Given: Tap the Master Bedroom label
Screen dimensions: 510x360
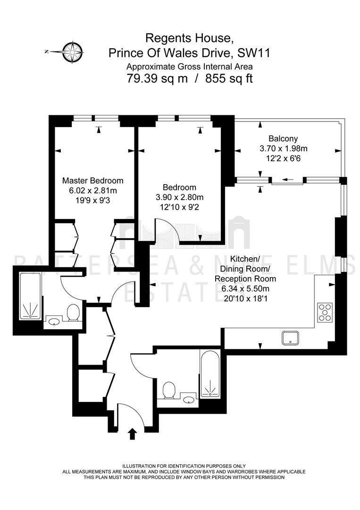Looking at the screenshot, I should [x=93, y=180].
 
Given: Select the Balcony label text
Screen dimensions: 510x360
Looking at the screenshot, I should [x=283, y=139].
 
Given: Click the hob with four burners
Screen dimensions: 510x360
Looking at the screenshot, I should [x=325, y=312].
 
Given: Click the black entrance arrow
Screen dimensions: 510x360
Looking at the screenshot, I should [x=133, y=433].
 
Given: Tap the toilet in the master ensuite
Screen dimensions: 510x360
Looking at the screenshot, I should [x=73, y=313].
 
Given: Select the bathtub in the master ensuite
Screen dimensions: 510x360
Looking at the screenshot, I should [x=30, y=296].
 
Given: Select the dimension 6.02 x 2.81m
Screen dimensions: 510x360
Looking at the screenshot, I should [x=93, y=190].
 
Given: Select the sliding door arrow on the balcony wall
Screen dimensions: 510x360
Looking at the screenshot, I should [x=288, y=179].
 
